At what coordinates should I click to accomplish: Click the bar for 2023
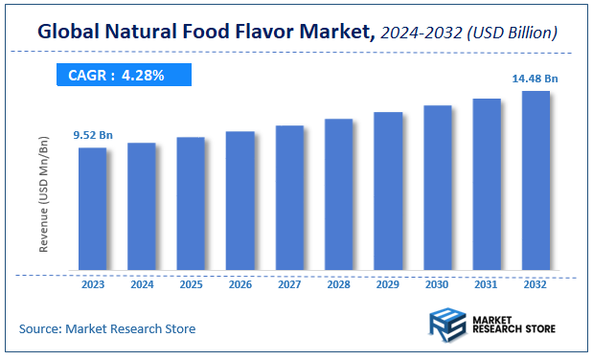93,209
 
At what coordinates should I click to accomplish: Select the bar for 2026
240,200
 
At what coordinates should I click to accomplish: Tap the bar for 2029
388,191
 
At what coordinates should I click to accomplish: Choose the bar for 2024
142,206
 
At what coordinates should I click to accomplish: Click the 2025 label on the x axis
192,283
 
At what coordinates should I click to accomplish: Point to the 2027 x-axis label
289,283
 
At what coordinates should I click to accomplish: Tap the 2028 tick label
339,283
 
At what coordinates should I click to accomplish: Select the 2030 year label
438,283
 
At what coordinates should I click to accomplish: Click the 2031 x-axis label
487,283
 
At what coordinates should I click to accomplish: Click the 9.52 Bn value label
93,136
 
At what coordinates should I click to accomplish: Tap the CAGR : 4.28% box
122,74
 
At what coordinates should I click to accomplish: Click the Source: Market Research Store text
107,328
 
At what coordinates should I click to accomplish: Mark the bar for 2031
487,184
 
